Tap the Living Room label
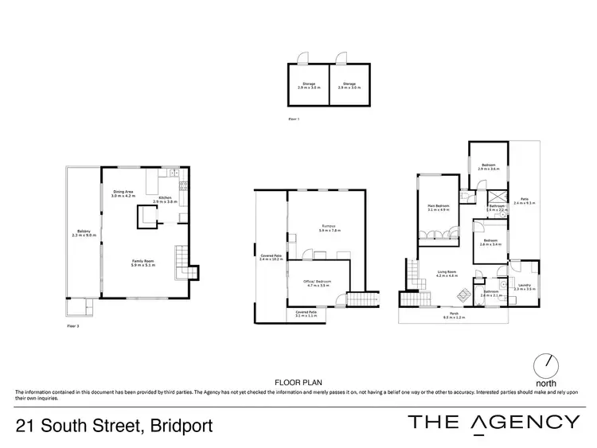(447, 274)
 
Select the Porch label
(453, 316)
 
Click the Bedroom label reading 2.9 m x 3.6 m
(488, 167)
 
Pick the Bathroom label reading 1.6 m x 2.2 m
(498, 208)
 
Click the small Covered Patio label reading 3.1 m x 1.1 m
(306, 314)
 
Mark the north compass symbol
(547, 365)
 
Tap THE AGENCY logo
(494, 423)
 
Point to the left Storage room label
(307, 84)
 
